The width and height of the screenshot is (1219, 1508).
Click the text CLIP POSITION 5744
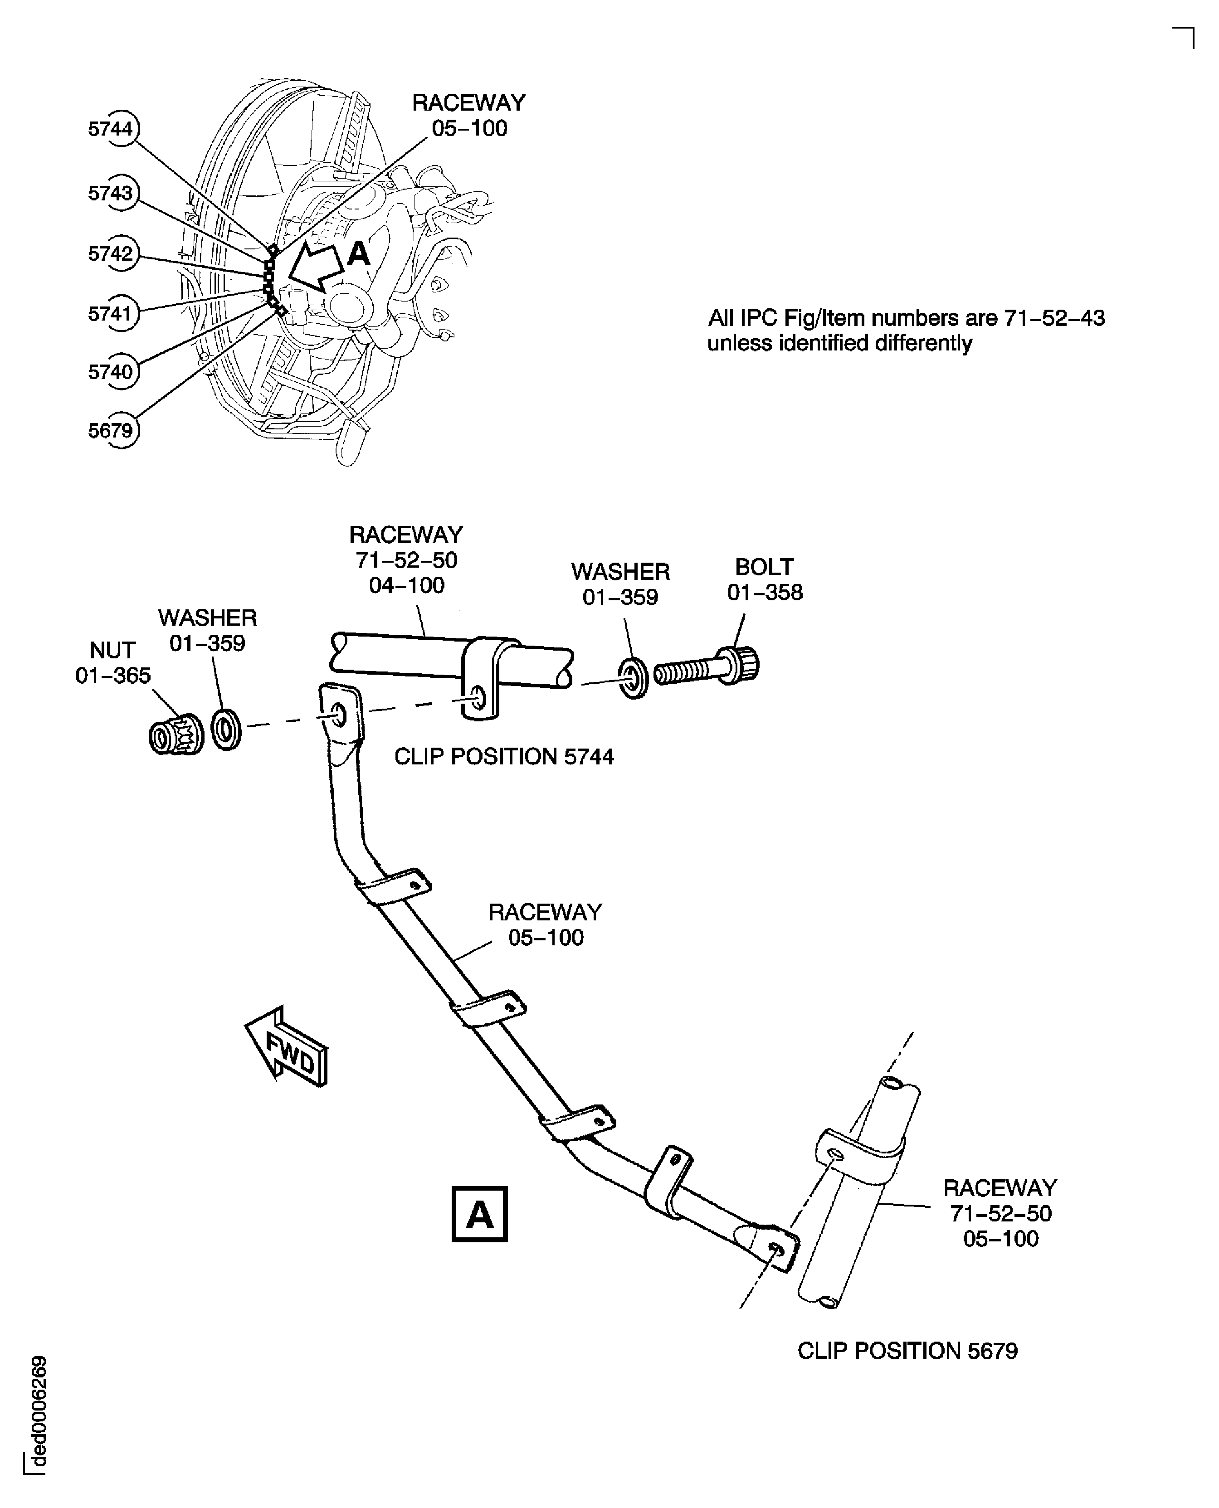click(x=503, y=757)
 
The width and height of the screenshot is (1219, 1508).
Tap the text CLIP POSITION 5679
click(x=907, y=1351)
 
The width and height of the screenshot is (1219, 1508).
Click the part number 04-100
click(x=407, y=585)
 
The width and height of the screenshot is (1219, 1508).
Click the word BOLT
click(x=764, y=567)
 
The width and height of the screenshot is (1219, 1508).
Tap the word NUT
click(x=112, y=650)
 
